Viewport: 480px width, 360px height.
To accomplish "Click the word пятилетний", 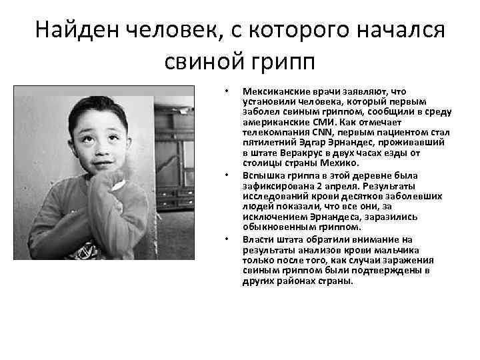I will (x=266, y=143).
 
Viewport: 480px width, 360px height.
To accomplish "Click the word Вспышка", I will (x=262, y=176).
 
